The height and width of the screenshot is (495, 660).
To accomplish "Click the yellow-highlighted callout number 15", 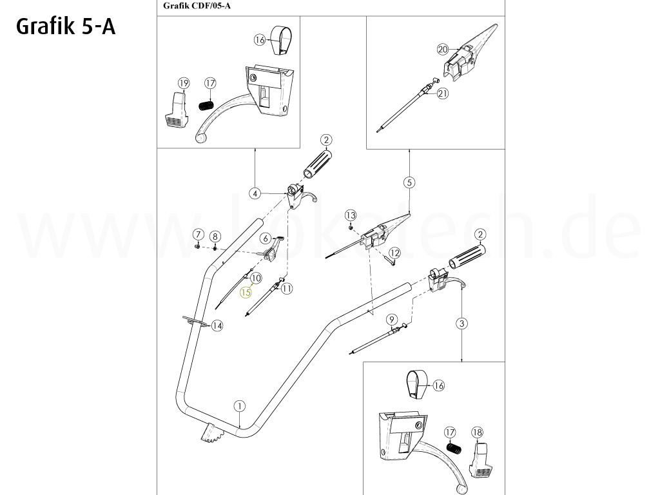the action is [x=246, y=292].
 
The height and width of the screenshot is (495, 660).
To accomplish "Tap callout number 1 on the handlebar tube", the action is [x=240, y=406].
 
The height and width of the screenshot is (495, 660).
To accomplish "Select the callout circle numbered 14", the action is [x=217, y=325].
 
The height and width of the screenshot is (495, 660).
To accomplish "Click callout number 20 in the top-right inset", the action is [x=443, y=50].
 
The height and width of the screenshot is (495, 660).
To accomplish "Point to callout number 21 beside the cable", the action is [x=443, y=93].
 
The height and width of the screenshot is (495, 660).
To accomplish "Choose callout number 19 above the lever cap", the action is [x=184, y=83].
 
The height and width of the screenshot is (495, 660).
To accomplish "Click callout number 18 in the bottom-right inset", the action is [x=478, y=432].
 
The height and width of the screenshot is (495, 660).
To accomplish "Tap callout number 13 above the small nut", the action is [x=351, y=215].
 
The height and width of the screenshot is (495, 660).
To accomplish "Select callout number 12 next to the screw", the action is [x=394, y=253].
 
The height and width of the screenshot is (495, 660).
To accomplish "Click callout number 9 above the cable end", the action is [x=391, y=320].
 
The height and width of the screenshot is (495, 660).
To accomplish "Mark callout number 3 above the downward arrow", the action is [x=462, y=324].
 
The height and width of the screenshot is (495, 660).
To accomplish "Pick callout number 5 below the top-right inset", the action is [x=409, y=182].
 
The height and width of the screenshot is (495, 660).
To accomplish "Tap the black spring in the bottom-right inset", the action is [x=453, y=448].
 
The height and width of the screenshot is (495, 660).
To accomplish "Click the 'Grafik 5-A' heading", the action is [x=66, y=27].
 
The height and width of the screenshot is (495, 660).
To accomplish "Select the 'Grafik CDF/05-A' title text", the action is [x=197, y=6].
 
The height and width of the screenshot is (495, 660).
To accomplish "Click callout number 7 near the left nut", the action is [x=199, y=235].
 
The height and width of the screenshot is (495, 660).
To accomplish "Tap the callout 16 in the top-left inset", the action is [x=260, y=40].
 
